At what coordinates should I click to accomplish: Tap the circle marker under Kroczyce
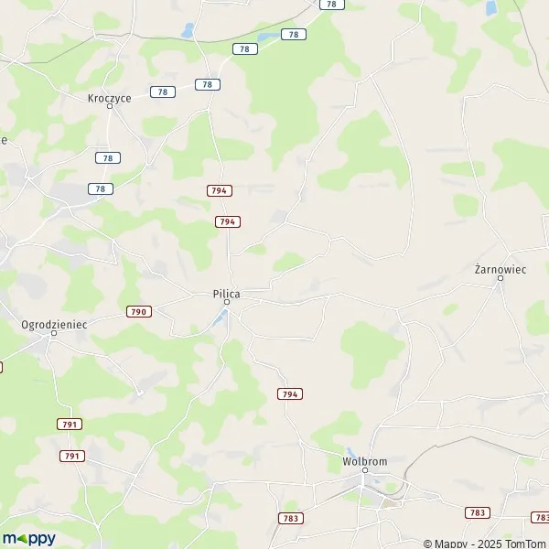coord(109,106)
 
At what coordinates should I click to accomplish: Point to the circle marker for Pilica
coord(227,302)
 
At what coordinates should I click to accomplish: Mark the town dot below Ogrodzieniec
coord(54,333)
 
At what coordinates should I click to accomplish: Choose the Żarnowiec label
coord(500,270)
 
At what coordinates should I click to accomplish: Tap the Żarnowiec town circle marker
coord(500,279)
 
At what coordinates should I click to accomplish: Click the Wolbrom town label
coord(364,461)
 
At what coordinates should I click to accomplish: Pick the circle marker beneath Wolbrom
coord(364,470)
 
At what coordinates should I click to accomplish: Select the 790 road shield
coord(139,312)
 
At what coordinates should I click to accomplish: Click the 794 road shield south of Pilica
coord(289,393)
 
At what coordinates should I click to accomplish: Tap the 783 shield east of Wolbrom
coord(476,513)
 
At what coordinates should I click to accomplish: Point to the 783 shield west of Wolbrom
coord(290,518)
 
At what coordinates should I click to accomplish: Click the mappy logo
coord(29,538)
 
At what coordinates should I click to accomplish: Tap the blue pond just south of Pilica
coord(221,318)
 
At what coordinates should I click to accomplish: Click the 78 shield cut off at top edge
coord(330,5)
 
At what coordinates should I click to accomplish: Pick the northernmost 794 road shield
coord(219,190)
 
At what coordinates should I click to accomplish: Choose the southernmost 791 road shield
coord(72,456)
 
